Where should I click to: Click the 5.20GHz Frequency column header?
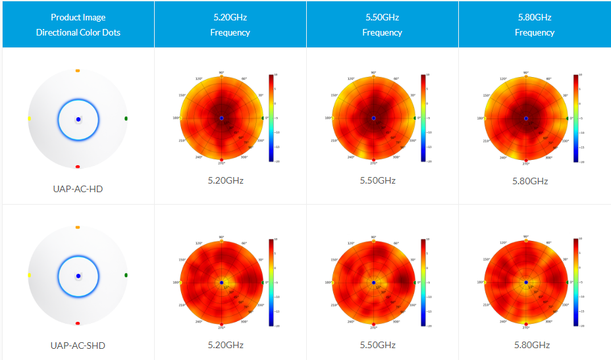coord(230,24)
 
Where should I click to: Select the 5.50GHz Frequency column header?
coord(382,24)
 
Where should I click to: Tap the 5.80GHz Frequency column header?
coord(535,24)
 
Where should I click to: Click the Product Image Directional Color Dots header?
coord(78,24)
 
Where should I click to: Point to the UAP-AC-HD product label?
coord(78,189)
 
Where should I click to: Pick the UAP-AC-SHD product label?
coord(78,345)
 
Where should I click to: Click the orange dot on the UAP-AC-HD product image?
coord(78,70)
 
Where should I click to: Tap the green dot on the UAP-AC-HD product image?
coord(126,118)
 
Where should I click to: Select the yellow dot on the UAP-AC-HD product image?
coord(30,118)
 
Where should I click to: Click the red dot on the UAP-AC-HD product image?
coord(78,167)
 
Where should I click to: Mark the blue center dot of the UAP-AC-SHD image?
coord(78,275)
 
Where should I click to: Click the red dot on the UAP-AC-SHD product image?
coord(78,323)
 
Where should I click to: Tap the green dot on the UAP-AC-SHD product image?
coord(126,274)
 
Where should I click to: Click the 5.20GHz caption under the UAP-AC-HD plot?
coord(226,180)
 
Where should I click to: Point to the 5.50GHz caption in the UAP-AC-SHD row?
coord(378,345)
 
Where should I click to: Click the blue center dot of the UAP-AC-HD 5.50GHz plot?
coord(373,118)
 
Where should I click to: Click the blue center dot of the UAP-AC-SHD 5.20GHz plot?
coord(221,282)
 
